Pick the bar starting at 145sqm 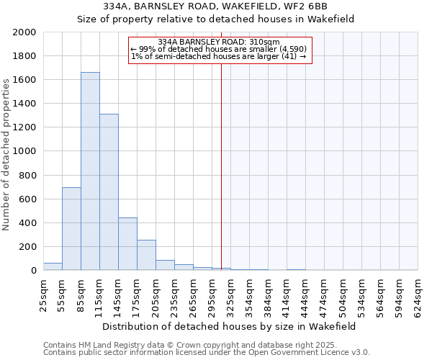click(127, 244)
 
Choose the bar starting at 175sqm click(146, 255)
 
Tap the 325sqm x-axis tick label click(230, 294)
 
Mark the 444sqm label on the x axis click(305, 294)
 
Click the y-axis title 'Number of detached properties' click(7, 152)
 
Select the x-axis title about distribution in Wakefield click(230, 326)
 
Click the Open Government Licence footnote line click(207, 353)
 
